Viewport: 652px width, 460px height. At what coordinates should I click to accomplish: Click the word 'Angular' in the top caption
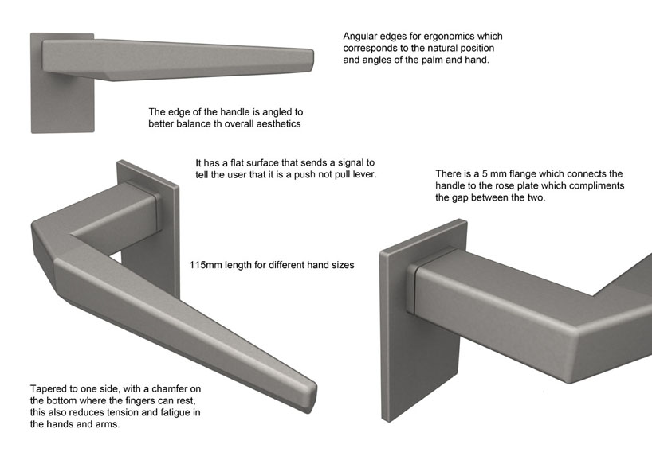(358, 37)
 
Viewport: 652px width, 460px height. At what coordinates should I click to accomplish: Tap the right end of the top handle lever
(311, 61)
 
